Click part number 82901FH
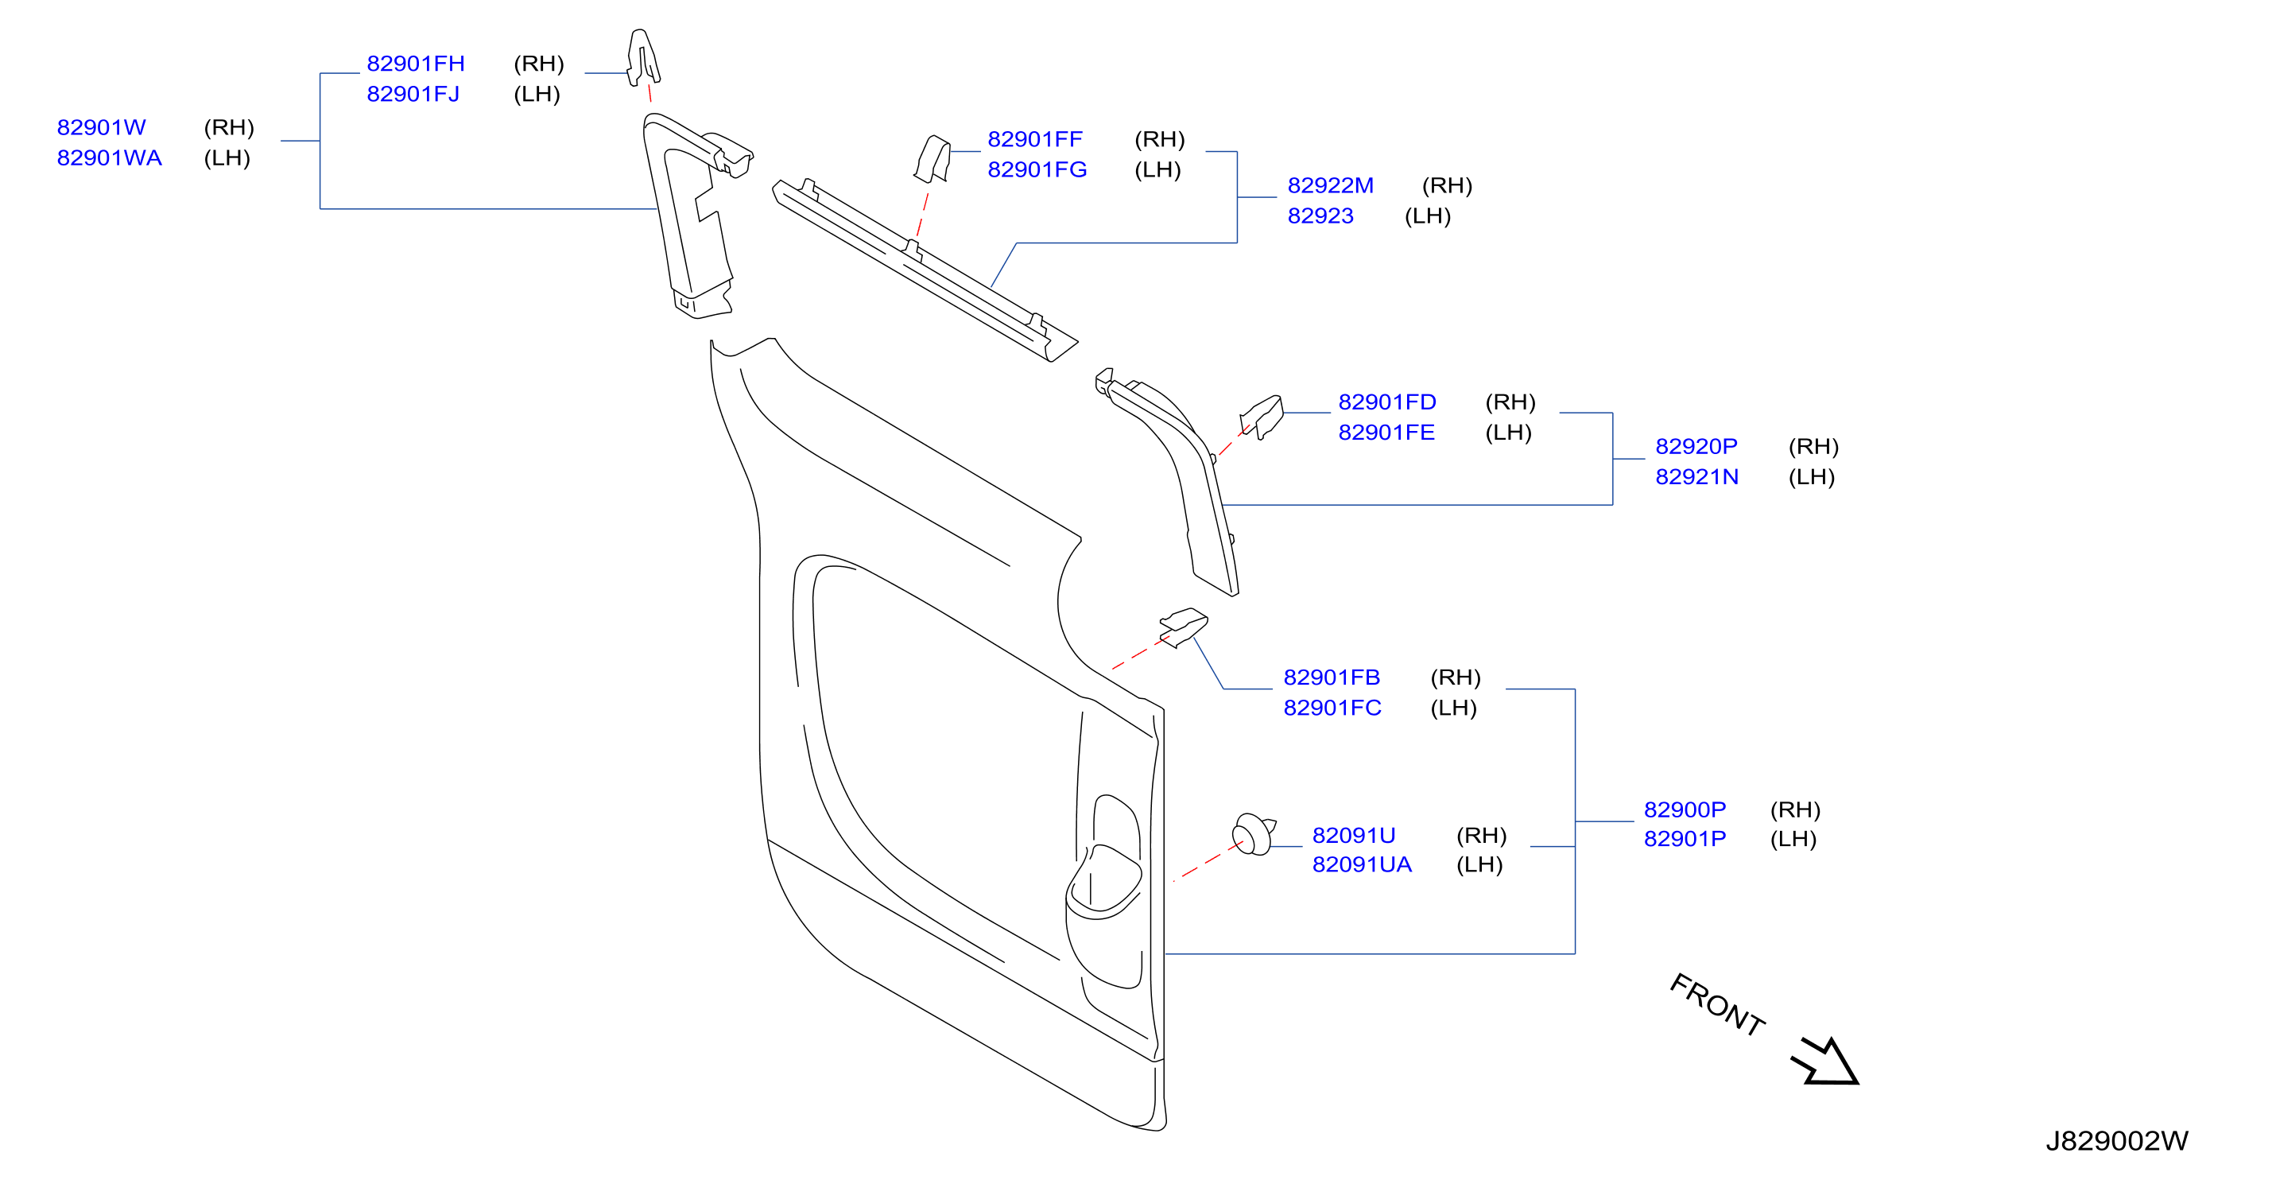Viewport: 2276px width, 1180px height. pos(415,64)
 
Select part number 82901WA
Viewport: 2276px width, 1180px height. pos(110,158)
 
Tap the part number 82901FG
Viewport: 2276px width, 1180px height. pos(1037,169)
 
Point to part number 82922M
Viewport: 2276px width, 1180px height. pos(1331,185)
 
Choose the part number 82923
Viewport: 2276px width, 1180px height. pos(1320,215)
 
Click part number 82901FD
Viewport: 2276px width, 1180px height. pos(1387,402)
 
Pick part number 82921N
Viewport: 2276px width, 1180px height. pos(1696,477)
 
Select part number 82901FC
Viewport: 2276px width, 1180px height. pos(1332,708)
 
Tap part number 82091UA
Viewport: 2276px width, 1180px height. pos(1362,864)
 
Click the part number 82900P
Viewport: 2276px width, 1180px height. pos(1685,809)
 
